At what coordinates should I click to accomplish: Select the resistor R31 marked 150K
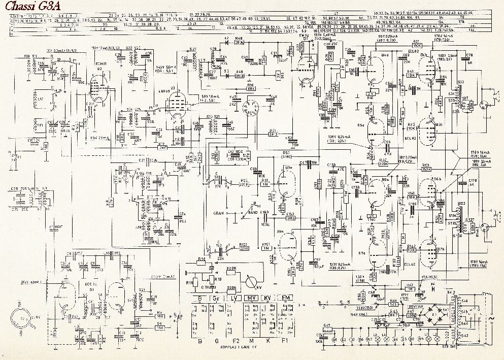pos(416,45)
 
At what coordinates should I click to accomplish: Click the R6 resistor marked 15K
pos(159,328)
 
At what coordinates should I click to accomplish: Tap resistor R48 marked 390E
pos(239,44)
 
